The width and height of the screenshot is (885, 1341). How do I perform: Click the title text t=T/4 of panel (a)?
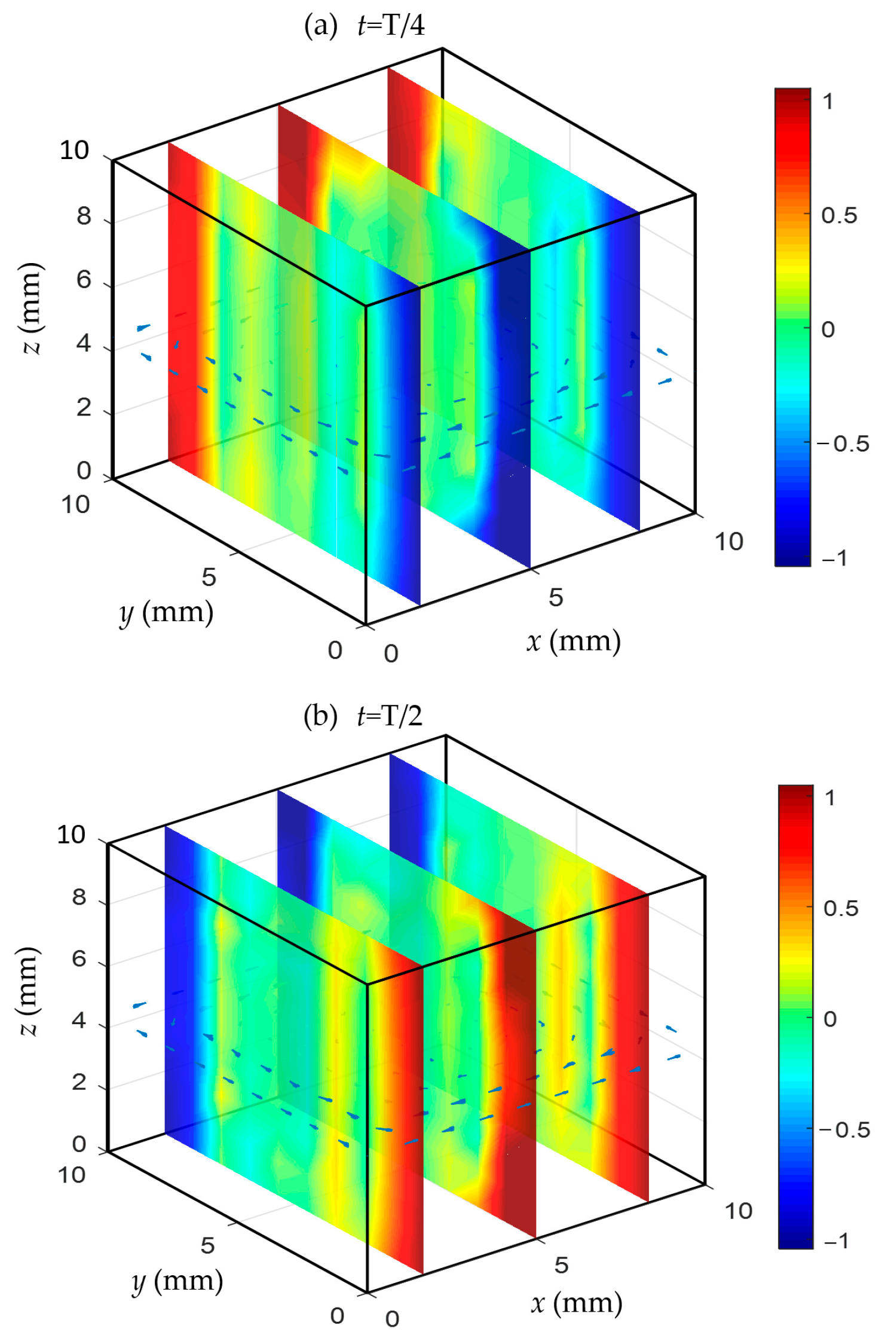pos(391,25)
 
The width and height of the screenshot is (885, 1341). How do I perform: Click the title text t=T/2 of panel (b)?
pos(390,715)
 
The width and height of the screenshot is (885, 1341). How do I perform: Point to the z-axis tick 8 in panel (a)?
pos(84,216)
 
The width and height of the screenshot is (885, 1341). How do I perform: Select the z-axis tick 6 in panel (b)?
pos(79,959)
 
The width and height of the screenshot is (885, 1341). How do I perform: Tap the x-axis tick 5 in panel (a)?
pos(556,597)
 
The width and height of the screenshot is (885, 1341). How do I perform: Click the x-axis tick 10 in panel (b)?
pos(738,1211)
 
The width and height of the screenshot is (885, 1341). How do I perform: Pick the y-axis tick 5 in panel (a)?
pos(209,577)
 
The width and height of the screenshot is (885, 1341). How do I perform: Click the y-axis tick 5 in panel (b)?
pos(207,1245)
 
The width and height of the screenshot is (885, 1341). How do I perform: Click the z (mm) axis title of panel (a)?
pos(30,308)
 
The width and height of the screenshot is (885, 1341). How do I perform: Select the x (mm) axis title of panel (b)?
pos(576,1303)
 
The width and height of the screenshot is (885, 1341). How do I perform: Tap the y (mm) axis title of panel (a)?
pos(166,613)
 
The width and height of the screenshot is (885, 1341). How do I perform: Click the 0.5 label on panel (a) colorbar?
pos(838,215)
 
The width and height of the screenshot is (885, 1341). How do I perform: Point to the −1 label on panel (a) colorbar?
pos(834,558)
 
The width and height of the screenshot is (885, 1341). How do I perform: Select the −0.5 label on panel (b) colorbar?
pos(844,1130)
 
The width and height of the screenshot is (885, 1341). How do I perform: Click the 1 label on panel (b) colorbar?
pos(829,798)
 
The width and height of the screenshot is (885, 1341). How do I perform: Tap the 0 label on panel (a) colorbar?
pos(828,329)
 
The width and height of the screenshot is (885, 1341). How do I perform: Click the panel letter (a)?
pos(321,25)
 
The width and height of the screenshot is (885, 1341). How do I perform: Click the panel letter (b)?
pos(320,715)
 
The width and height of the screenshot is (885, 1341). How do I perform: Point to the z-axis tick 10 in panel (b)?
pos(72,835)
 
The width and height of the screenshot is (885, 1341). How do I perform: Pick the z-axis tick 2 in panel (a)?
pos(84,408)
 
